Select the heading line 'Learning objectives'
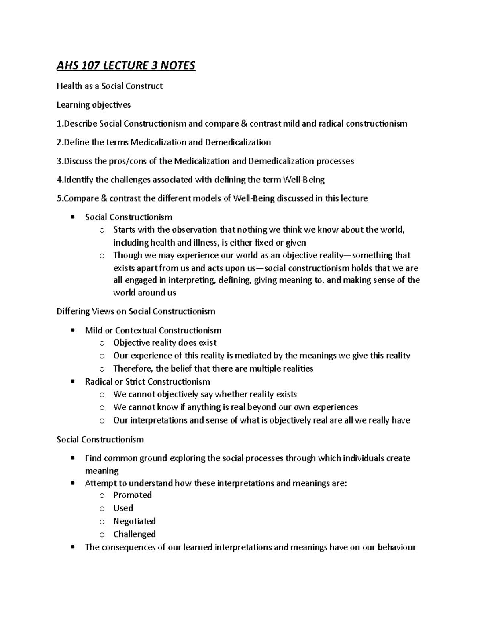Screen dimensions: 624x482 click(x=94, y=105)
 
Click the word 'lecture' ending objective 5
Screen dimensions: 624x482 click(x=353, y=198)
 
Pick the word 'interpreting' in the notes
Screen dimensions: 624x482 click(x=193, y=280)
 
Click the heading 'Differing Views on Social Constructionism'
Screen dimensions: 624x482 click(x=136, y=311)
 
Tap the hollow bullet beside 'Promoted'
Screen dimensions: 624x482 click(x=102, y=495)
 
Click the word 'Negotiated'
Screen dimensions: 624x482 click(x=134, y=521)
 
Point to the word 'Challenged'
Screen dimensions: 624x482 click(x=134, y=534)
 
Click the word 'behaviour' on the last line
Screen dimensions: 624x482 click(x=396, y=547)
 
